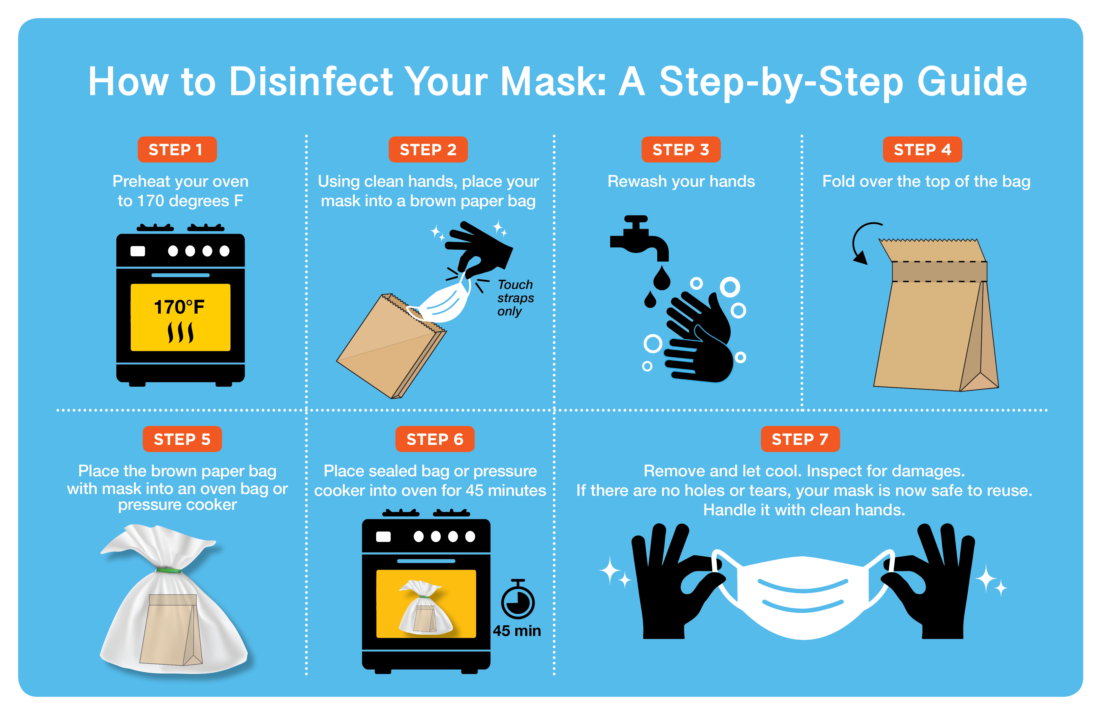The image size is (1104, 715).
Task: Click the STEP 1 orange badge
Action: [177, 149]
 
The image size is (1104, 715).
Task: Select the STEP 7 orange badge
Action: [800, 439]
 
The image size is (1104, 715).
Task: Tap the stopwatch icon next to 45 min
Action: [518, 600]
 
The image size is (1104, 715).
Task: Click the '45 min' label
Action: [517, 631]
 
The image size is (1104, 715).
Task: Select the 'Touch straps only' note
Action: [515, 298]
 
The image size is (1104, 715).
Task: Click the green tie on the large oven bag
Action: [168, 570]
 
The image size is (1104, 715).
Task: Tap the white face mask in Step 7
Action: [802, 597]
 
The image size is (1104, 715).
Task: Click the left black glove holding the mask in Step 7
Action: [668, 585]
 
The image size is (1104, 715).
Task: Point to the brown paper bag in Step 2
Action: [390, 348]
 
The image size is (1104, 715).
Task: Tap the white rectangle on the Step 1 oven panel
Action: [138, 251]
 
